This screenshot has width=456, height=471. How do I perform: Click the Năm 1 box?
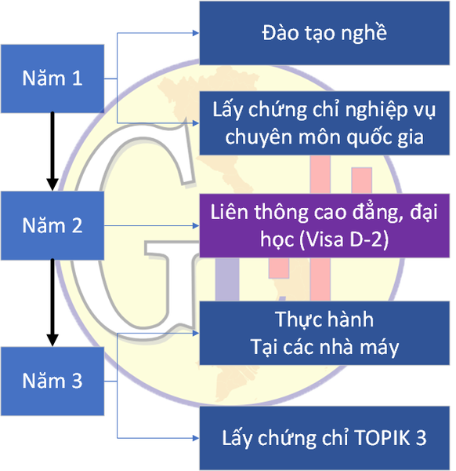52,78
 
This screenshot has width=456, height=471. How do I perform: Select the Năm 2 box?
52,225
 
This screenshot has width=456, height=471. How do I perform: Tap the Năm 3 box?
52,382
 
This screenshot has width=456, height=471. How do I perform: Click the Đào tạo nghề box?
324,33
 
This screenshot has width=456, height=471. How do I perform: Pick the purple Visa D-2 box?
324,225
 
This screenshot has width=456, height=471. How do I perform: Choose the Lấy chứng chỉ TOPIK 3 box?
324,438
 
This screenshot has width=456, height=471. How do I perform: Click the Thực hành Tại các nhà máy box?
324,333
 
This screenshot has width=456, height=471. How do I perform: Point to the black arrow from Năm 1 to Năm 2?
52,152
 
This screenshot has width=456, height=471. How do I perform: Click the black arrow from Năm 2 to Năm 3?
52,303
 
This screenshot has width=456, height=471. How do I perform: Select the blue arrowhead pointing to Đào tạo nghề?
196,33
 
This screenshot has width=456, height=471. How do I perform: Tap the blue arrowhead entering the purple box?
196,225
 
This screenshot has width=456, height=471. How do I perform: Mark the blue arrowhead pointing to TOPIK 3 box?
196,438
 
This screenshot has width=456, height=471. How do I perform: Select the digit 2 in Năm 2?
77,225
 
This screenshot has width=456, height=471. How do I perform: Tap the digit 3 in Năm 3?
77,381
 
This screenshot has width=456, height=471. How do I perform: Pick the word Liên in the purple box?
230,212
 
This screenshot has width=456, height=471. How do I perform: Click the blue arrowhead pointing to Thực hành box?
196,333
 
